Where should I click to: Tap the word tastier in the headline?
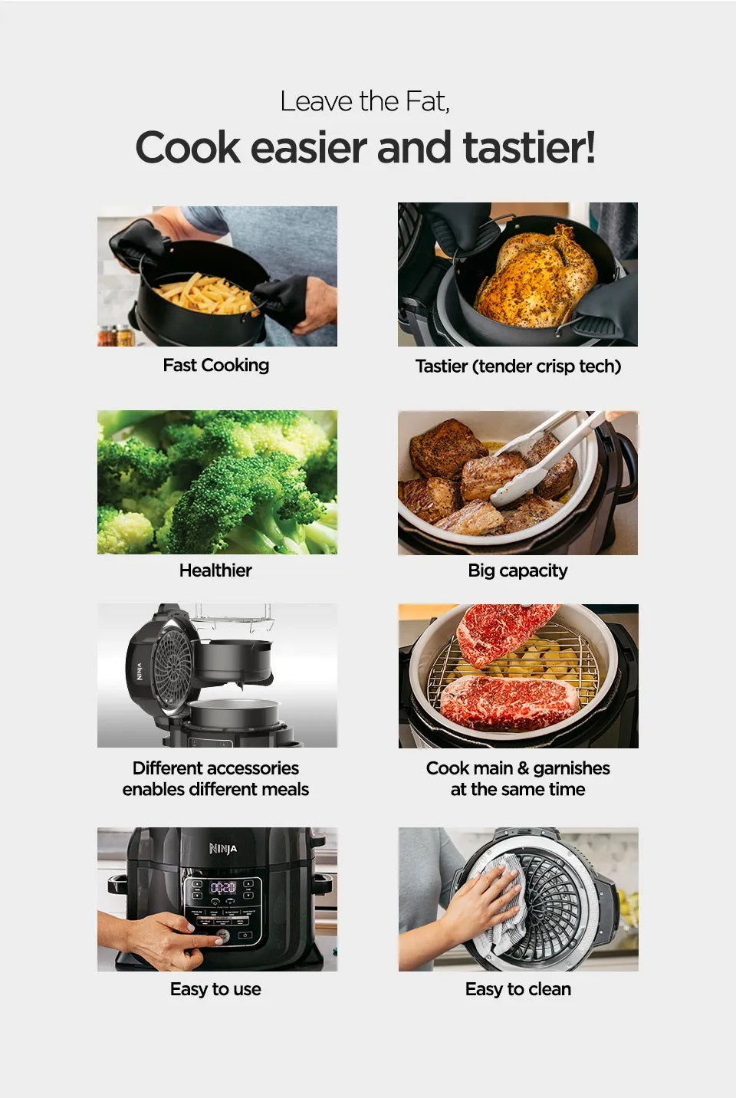[527, 147]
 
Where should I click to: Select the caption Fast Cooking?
[215, 365]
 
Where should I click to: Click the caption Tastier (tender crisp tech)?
[517, 367]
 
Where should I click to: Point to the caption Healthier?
[215, 570]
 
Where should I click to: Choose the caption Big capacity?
[517, 570]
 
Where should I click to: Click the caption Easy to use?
[215, 989]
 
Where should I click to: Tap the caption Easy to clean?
[517, 989]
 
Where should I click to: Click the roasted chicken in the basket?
[537, 278]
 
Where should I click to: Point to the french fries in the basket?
[203, 295]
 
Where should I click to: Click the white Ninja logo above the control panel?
[223, 849]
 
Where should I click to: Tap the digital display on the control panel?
[223, 887]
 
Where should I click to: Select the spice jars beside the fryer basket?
[116, 336]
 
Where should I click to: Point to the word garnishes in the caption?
[571, 768]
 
